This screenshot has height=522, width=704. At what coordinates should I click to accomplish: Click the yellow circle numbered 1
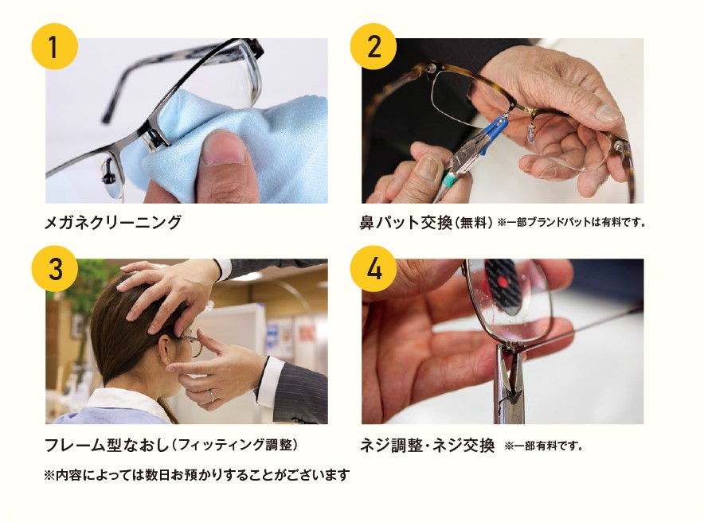pos(53,46)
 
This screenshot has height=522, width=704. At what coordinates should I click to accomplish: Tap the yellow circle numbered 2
pos(373,46)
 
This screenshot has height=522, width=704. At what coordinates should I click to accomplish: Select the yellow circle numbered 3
pos(53,269)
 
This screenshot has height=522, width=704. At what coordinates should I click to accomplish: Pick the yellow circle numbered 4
pos(373,269)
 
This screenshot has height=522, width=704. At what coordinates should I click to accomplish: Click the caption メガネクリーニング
pos(113,222)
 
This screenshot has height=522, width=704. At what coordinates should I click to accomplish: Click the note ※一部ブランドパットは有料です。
pos(571,223)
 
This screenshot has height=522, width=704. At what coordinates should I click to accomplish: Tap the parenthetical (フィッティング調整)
pos(239,444)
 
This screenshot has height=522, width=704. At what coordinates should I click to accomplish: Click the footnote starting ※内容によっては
pos(197,475)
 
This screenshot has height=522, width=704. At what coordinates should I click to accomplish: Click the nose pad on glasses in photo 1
pos(109,170)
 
